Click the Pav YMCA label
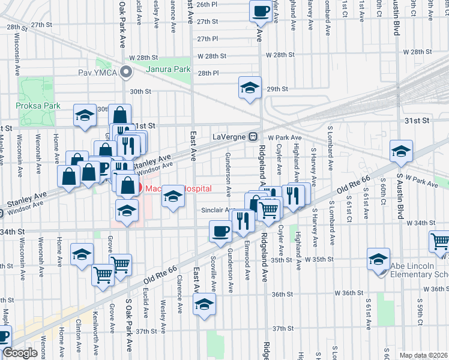click(x=98, y=74)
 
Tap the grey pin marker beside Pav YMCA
click(x=126, y=73)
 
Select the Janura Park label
click(x=169, y=70)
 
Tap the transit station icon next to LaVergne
click(x=254, y=136)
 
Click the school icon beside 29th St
click(x=250, y=88)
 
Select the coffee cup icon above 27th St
click(x=261, y=10)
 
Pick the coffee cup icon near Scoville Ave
click(x=220, y=230)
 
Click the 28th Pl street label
click(x=208, y=73)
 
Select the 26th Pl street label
click(x=206, y=4)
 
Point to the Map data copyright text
click(x=423, y=355)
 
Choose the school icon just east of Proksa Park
click(x=85, y=115)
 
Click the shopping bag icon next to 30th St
click(x=120, y=116)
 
